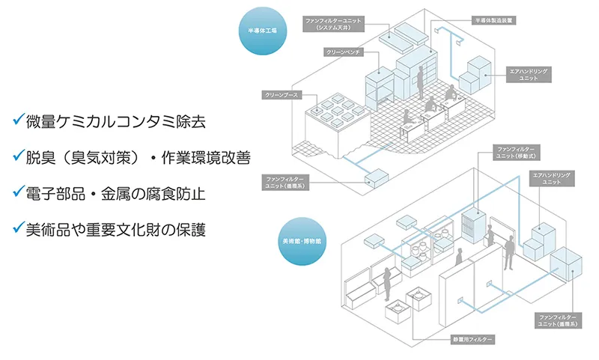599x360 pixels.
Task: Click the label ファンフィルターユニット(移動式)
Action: [516, 153]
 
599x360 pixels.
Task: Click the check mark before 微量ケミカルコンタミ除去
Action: [17, 120]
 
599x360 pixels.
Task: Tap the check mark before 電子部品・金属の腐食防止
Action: [17, 192]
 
